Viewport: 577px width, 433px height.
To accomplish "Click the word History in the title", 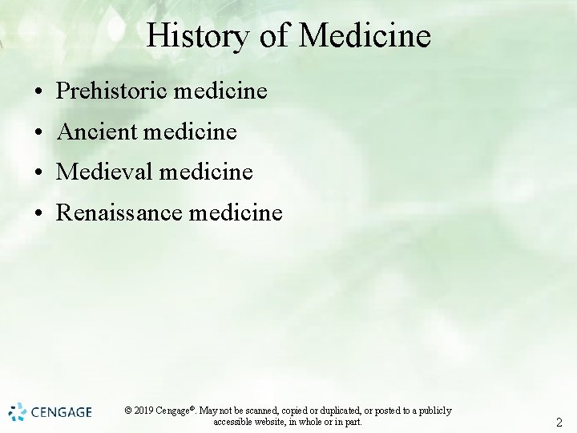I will coord(196,36).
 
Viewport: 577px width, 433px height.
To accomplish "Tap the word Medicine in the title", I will coord(365,36).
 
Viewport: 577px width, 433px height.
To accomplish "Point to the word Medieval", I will coord(105,172).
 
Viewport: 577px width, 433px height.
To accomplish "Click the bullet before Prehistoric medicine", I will coord(38,92).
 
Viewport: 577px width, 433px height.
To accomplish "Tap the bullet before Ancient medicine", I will coord(38,132).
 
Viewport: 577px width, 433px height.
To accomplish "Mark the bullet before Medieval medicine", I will coord(38,172).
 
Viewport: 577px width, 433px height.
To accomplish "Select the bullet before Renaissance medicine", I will coord(38,213).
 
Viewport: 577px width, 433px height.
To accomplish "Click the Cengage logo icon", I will coord(18,412).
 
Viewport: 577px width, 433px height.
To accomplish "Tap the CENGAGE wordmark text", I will coord(62,413).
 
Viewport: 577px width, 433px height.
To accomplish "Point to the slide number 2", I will coord(559,423).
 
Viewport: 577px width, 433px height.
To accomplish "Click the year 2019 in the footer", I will coord(143,411).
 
